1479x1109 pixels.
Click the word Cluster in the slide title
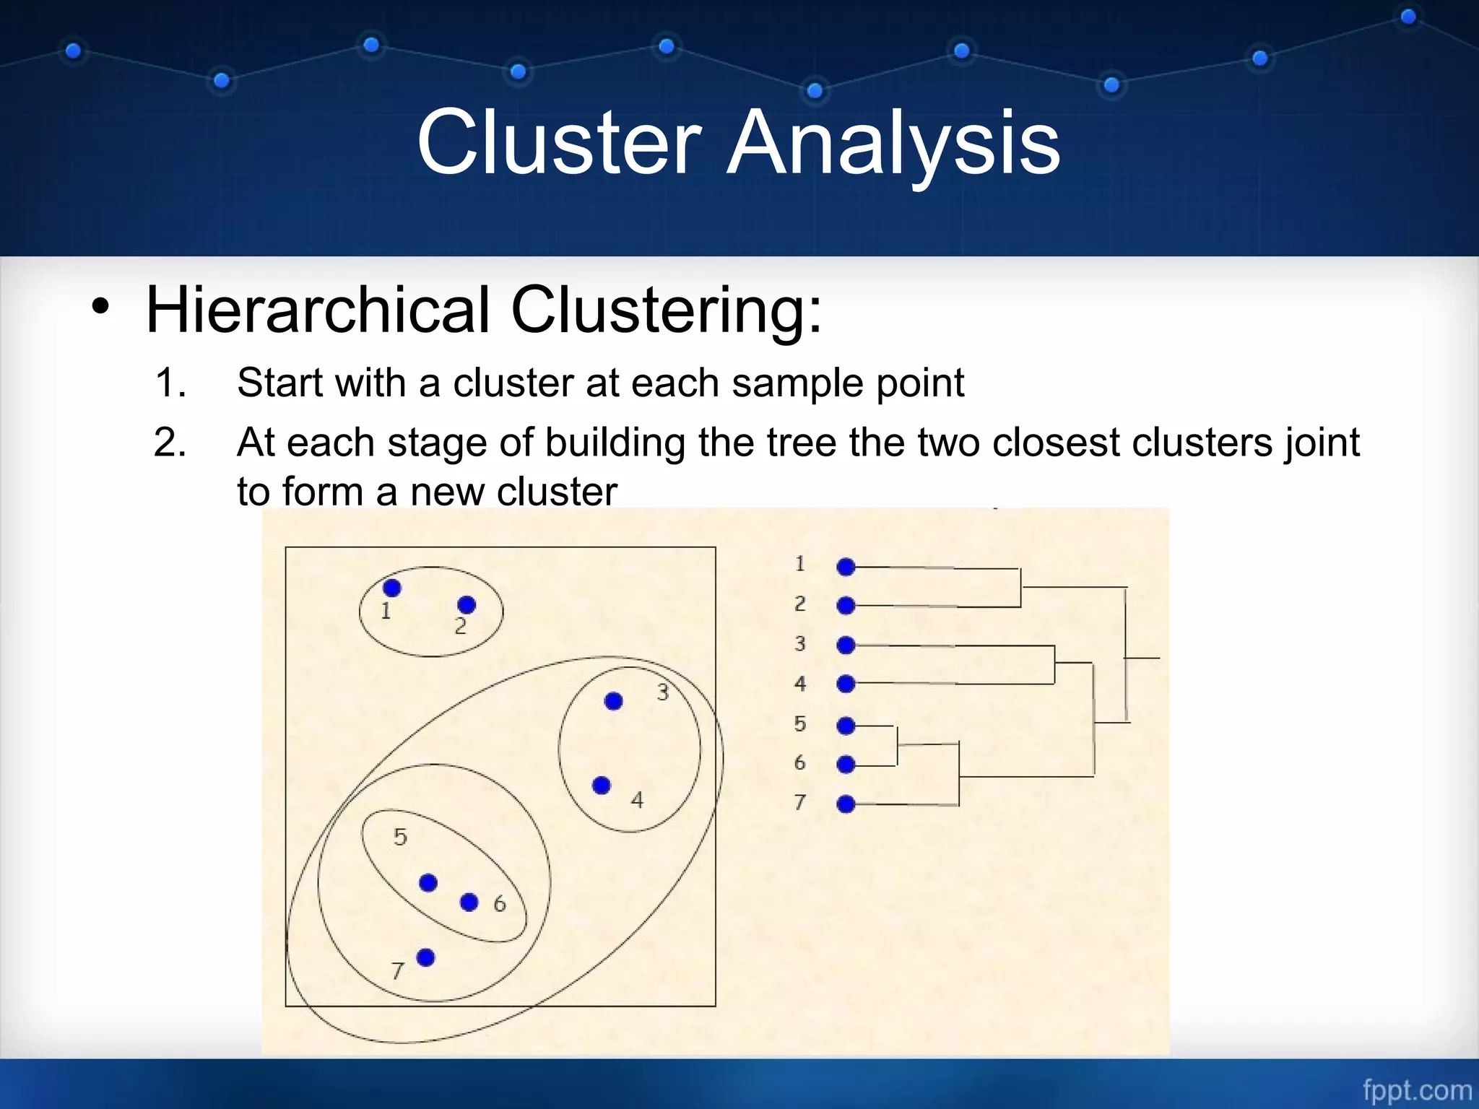(x=559, y=142)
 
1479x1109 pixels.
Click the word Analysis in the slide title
(x=893, y=142)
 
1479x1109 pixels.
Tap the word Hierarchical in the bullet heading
(x=318, y=310)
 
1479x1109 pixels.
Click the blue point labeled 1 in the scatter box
(x=392, y=588)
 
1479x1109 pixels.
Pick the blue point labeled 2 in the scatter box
(x=467, y=604)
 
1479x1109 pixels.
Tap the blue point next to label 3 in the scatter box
(x=613, y=701)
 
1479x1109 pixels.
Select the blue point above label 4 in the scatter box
(x=601, y=786)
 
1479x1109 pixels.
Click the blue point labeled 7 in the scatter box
(x=426, y=957)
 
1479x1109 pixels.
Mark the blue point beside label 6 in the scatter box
(x=469, y=902)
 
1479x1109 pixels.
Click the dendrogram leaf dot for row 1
(x=846, y=567)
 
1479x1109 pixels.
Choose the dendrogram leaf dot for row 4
(x=846, y=684)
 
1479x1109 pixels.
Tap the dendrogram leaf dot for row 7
(x=846, y=804)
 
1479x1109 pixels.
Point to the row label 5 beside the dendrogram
(x=799, y=724)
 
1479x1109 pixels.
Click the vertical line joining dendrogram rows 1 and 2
(x=1020, y=588)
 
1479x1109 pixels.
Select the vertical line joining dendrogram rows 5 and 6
(x=897, y=746)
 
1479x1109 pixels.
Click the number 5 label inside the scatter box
(x=400, y=837)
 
